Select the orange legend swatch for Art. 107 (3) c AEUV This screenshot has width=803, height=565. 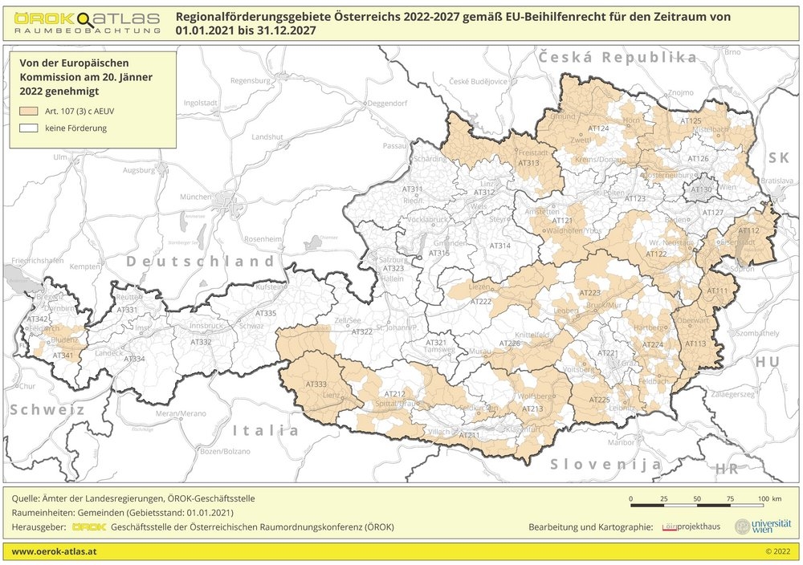(31, 112)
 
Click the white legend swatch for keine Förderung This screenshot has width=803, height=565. (31, 128)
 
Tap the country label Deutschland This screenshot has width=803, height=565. (200, 262)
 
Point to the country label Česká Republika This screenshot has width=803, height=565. (618, 58)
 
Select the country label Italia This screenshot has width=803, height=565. (266, 430)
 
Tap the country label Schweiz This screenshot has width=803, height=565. (47, 409)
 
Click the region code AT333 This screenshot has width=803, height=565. (316, 384)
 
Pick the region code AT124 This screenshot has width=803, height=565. (599, 129)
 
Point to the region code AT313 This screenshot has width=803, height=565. (528, 163)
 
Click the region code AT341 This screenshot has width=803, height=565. (63, 356)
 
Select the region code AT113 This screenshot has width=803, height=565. (695, 343)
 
